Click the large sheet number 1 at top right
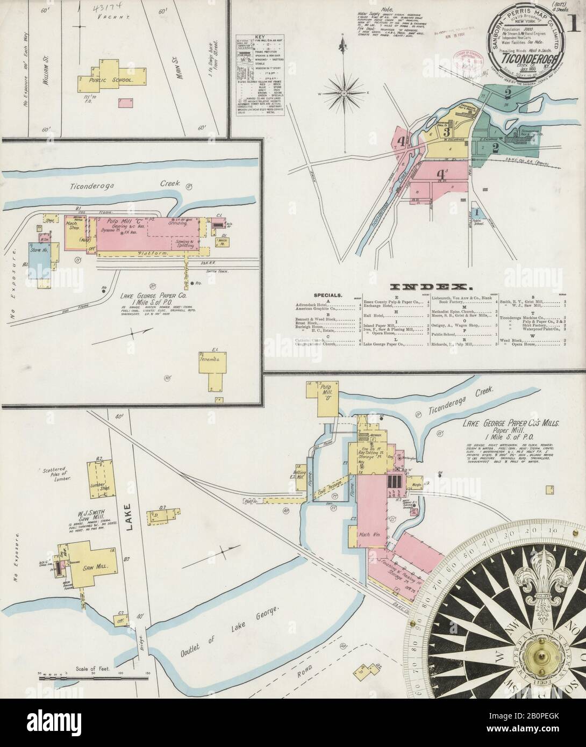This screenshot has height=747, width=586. pos(573,11)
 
